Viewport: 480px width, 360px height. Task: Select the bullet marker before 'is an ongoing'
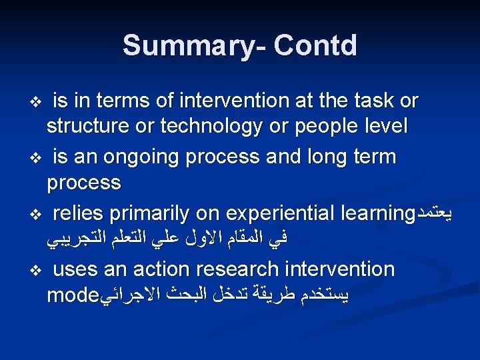pos(37,159)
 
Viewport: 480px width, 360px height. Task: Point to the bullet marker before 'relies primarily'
pos(37,215)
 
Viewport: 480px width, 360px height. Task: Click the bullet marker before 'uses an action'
pos(37,271)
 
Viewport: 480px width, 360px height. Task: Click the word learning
pos(377,213)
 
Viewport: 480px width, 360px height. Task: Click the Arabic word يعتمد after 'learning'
pos(438,213)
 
